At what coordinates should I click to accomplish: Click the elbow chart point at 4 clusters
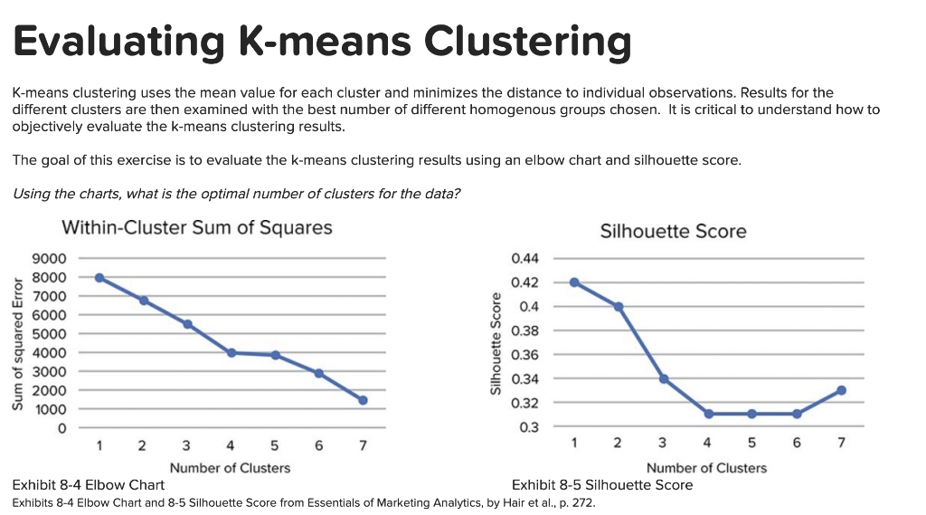tap(231, 352)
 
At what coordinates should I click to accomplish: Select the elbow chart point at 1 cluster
tap(99, 278)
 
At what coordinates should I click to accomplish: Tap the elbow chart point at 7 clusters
tap(363, 400)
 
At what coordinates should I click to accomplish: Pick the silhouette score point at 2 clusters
tap(619, 307)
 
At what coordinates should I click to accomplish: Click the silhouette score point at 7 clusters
tap(841, 390)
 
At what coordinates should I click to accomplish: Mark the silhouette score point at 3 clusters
tap(664, 378)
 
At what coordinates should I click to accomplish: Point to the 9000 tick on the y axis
tap(49, 259)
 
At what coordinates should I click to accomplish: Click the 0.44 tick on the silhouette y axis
tap(525, 259)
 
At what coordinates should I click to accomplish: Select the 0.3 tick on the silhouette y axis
tap(530, 426)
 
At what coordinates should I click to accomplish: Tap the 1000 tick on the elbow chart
tap(49, 409)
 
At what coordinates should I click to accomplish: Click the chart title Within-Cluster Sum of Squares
tap(196, 227)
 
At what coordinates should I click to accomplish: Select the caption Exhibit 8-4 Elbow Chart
tap(88, 485)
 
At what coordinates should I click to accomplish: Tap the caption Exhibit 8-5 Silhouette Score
tap(602, 485)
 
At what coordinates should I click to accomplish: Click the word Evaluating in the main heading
tap(118, 42)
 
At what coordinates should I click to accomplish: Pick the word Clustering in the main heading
tap(527, 42)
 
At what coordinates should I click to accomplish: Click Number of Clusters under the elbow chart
tap(230, 468)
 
